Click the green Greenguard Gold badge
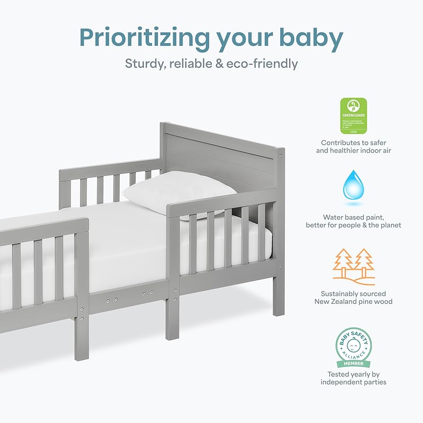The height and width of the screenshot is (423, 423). (x=353, y=115)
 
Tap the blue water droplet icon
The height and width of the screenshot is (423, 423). (x=353, y=185)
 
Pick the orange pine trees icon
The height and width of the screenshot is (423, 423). (x=353, y=266)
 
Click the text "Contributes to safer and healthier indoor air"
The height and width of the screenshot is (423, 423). (x=353, y=146)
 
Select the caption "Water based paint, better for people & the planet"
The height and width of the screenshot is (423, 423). (x=353, y=221)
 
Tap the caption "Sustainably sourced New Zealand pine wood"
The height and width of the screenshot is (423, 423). (x=353, y=298)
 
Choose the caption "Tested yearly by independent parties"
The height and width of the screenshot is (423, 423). (x=353, y=378)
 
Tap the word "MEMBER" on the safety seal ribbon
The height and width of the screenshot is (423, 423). (x=353, y=363)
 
